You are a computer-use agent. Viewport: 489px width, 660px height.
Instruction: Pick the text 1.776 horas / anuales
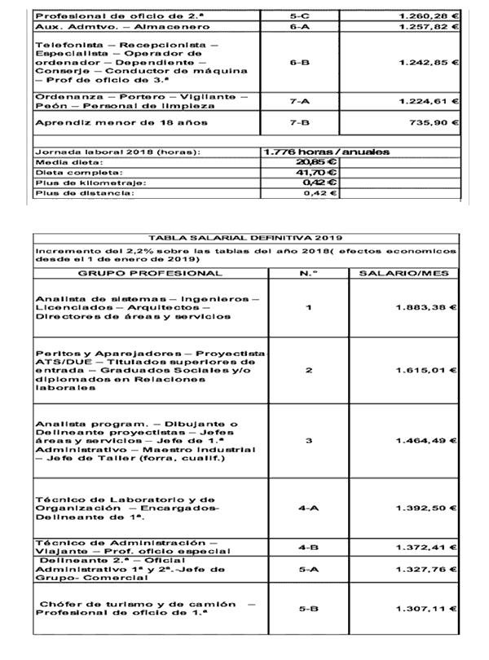click(326, 152)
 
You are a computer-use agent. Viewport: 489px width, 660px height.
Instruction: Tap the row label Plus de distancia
click(81, 194)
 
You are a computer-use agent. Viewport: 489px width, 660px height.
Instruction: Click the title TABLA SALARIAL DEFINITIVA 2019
click(245, 237)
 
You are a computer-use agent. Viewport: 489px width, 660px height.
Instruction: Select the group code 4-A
click(308, 508)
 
